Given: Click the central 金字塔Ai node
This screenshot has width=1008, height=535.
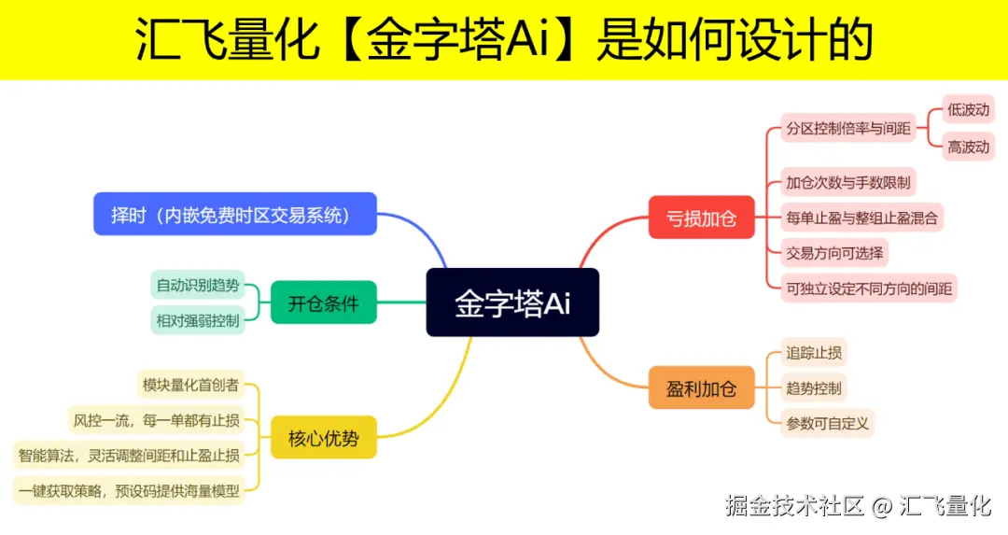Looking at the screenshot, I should [512, 303].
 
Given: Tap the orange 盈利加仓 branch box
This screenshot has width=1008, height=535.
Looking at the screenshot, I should [702, 387].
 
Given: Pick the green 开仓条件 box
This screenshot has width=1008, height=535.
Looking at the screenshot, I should [324, 303].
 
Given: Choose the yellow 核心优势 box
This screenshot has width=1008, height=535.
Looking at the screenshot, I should [324, 437].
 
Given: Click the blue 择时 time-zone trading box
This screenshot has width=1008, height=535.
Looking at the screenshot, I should [234, 214].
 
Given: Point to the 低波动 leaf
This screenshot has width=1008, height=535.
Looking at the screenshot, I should [968, 109].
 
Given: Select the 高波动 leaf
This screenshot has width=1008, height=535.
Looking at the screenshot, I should [968, 147].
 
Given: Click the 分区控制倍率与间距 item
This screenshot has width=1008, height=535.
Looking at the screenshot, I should [847, 128].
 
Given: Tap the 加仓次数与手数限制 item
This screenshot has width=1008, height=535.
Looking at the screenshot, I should [847, 182].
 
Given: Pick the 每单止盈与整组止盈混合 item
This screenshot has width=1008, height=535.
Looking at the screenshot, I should [861, 218].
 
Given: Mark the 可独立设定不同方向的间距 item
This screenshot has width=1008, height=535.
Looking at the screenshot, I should [869, 289].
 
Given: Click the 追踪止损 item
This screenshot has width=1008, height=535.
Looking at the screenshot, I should [814, 353].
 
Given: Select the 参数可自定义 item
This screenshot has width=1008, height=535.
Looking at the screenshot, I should [828, 423].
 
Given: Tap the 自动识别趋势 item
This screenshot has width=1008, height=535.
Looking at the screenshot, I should [197, 285].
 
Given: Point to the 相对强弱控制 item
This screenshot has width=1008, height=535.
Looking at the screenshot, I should [197, 320].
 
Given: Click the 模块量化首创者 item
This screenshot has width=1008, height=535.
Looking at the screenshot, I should [190, 384].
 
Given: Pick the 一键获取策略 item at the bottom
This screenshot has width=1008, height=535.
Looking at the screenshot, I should [129, 490].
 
